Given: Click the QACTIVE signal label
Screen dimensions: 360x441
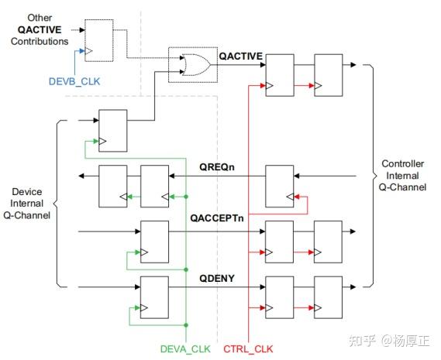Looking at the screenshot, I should [x=241, y=56].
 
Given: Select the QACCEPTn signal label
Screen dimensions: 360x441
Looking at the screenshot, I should [x=216, y=218].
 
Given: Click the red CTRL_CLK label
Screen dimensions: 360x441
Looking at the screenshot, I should [x=249, y=348].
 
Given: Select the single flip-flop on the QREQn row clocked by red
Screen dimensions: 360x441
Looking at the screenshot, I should [x=279, y=185].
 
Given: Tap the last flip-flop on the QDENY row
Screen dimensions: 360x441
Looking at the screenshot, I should [x=328, y=295].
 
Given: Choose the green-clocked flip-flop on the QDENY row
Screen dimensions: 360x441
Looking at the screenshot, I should [x=153, y=295].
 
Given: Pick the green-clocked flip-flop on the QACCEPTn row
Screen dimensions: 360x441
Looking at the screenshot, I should [x=153, y=241].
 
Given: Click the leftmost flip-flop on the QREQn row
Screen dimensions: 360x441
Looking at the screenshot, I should [x=112, y=186].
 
